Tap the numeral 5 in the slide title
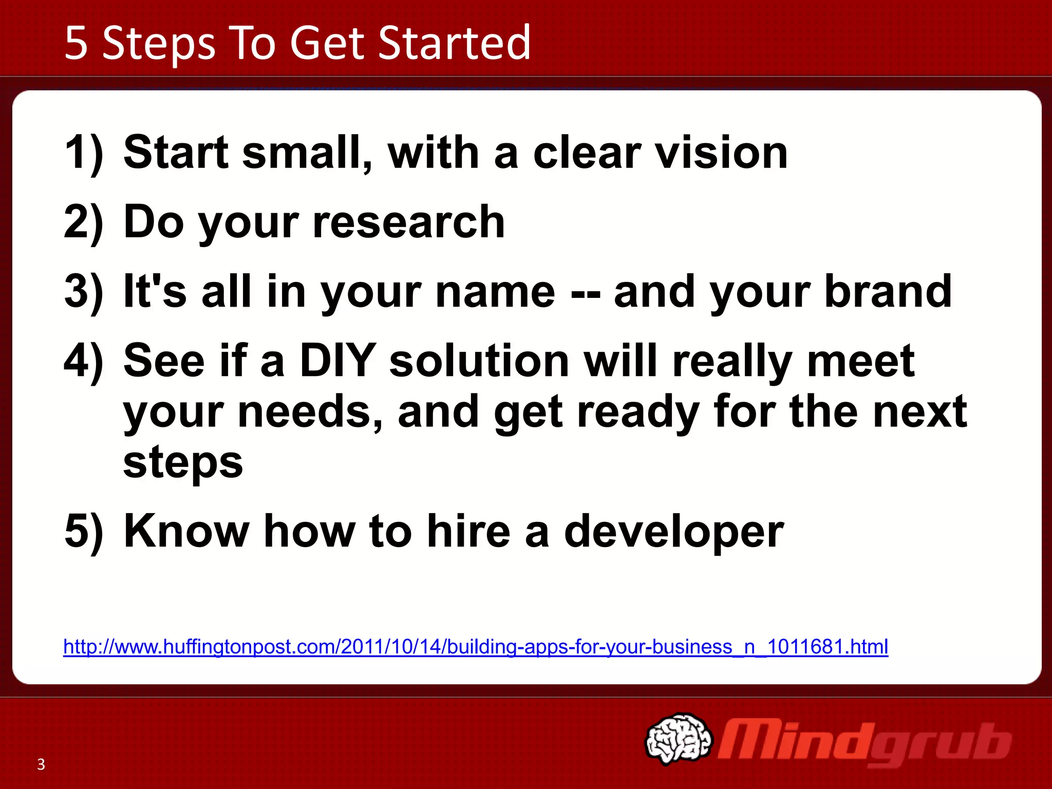[x=76, y=43]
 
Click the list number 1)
[x=84, y=153]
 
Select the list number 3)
[x=84, y=291]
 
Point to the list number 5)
[x=84, y=531]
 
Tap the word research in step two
[x=408, y=222]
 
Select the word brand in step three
[x=888, y=291]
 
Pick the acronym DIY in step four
[x=337, y=361]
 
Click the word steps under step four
[x=182, y=462]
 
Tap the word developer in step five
[x=673, y=532]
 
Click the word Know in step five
[x=186, y=531]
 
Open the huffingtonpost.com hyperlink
[x=475, y=646]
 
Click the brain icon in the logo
[x=678, y=738]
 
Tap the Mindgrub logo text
[x=863, y=742]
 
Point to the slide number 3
[x=41, y=764]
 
